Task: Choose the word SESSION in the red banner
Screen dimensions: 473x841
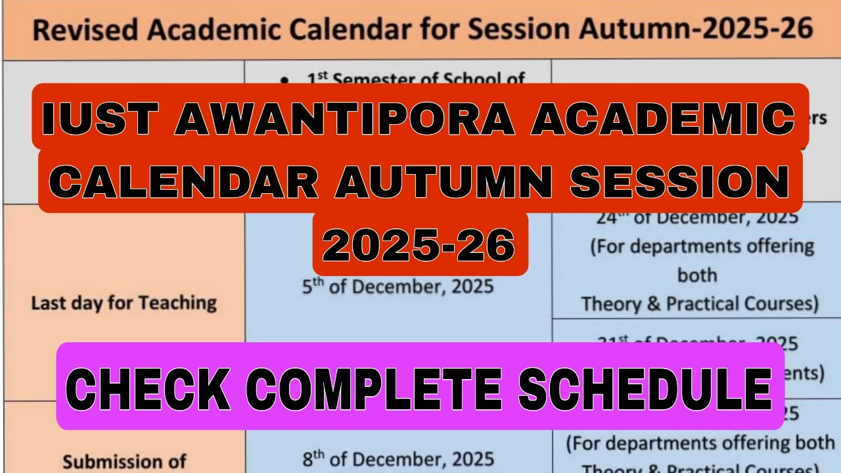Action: click(678, 181)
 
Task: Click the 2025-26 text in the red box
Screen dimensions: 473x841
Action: click(419, 245)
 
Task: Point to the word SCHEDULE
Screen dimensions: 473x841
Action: click(645, 388)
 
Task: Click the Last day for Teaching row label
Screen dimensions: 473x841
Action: click(124, 303)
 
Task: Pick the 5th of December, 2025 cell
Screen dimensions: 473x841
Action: click(398, 287)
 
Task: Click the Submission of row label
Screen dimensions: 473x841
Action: click(124, 461)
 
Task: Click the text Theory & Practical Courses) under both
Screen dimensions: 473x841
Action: click(700, 304)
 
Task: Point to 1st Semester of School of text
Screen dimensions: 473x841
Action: click(416, 79)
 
